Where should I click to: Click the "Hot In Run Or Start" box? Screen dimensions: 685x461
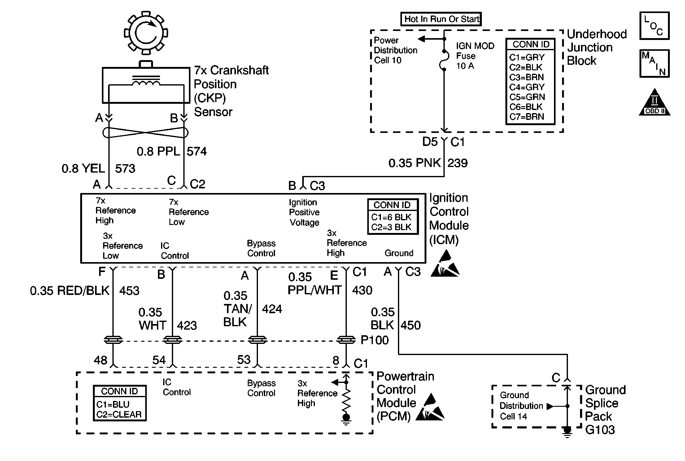[441, 19]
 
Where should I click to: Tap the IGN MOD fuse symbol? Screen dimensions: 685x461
[444, 60]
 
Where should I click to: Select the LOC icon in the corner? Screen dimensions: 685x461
[654, 26]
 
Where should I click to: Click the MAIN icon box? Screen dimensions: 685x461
[654, 64]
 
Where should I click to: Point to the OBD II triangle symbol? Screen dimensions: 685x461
[654, 103]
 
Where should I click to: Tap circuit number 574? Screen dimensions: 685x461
[197, 151]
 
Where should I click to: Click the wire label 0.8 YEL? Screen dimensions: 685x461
[83, 169]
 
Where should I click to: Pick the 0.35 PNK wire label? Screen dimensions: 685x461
[415, 163]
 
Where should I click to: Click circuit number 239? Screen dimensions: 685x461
[457, 163]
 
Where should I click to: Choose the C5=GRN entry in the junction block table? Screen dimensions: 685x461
[527, 97]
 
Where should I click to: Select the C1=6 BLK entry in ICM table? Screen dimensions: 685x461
[391, 217]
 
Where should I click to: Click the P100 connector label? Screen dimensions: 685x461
[375, 340]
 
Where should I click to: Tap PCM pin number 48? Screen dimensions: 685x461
[101, 360]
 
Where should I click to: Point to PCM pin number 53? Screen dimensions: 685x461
[244, 360]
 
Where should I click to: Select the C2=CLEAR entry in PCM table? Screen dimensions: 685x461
[119, 414]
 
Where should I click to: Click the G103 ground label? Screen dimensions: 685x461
[600, 430]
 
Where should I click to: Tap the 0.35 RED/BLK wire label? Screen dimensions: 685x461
[70, 291]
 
